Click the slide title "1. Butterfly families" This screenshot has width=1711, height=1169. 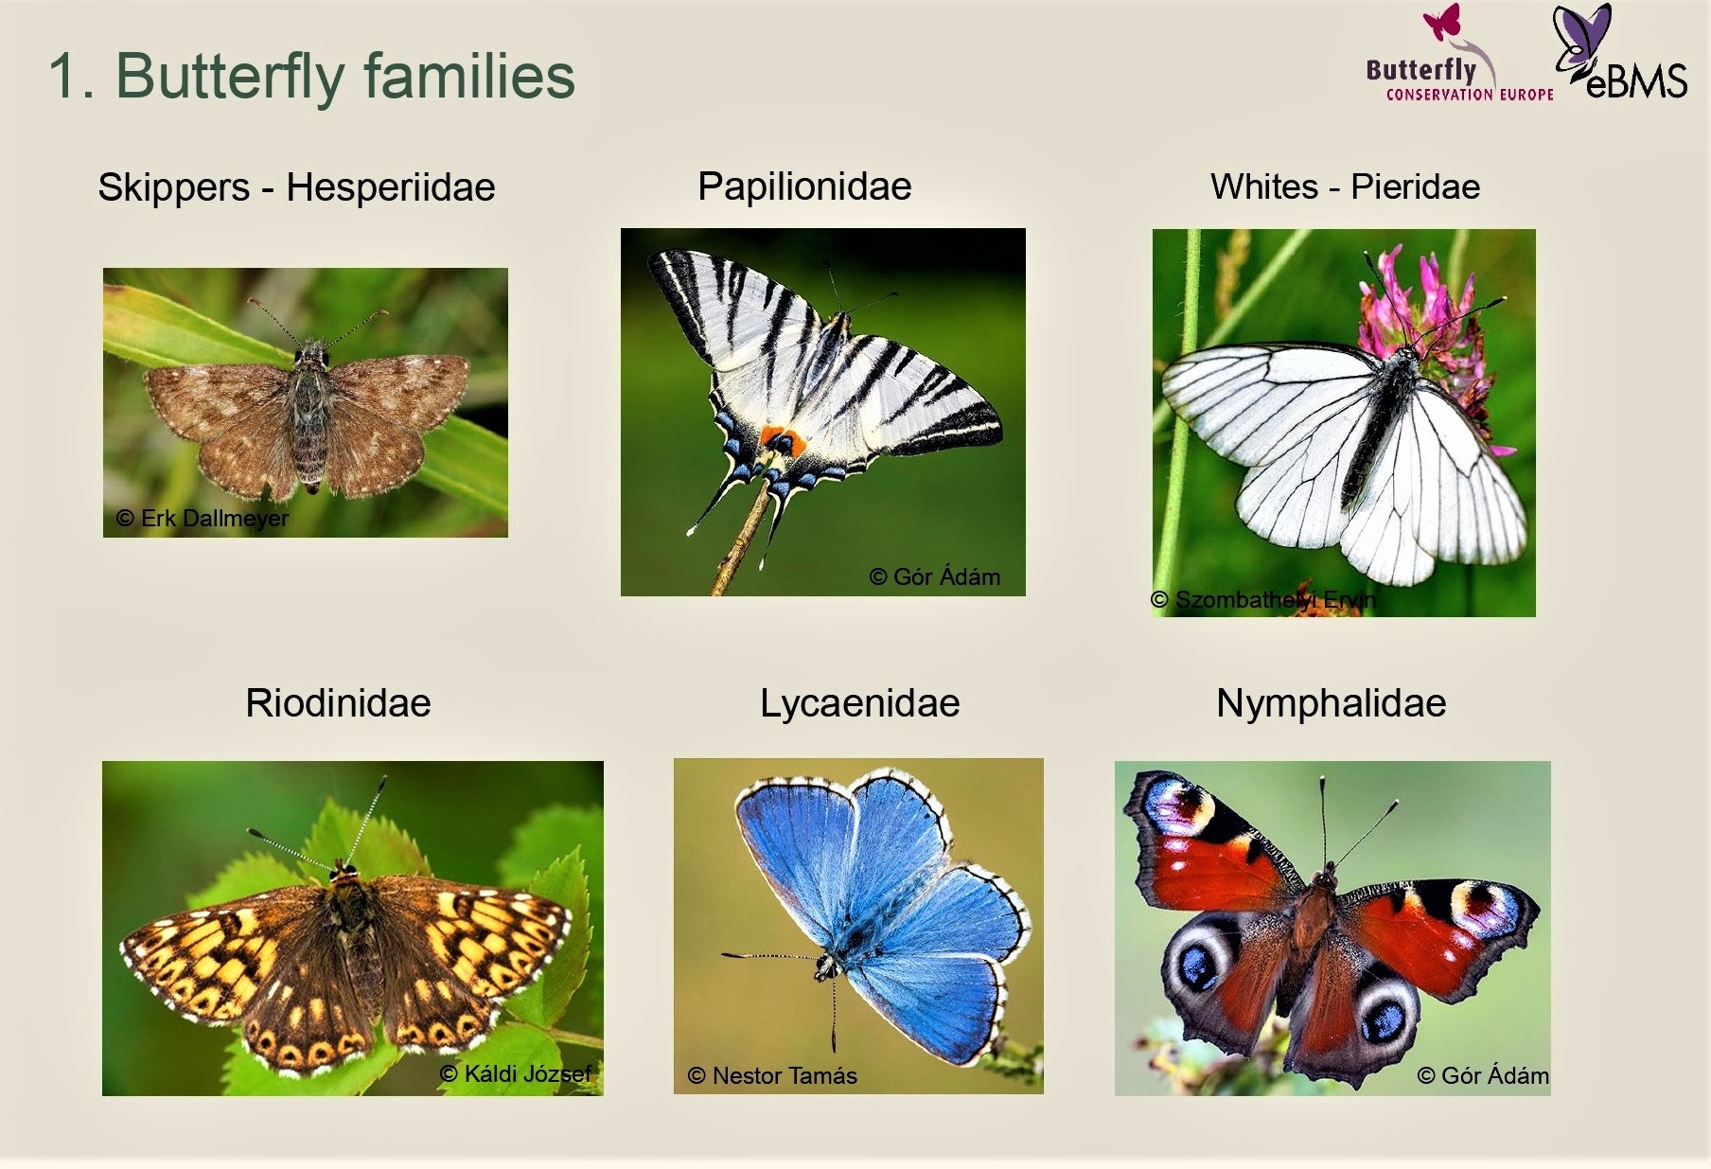point(311,76)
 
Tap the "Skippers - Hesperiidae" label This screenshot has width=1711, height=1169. point(296,187)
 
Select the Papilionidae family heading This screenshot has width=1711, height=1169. point(804,186)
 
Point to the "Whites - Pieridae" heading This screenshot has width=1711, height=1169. point(1345,186)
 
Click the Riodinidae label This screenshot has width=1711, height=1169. point(338,703)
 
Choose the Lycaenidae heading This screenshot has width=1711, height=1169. point(859,703)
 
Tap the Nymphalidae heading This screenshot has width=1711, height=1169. point(1331,703)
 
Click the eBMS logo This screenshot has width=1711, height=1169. point(1620,52)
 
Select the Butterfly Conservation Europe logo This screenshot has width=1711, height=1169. point(1459,54)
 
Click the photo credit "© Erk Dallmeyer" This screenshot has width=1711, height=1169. point(202,519)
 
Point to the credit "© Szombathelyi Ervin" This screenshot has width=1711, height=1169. point(1263,599)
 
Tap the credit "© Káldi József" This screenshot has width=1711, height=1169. point(516,1073)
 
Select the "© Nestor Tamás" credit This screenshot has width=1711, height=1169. point(772,1075)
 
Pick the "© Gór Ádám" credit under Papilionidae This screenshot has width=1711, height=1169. point(934,576)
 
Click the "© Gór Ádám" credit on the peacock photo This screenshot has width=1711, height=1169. point(1483,1075)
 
